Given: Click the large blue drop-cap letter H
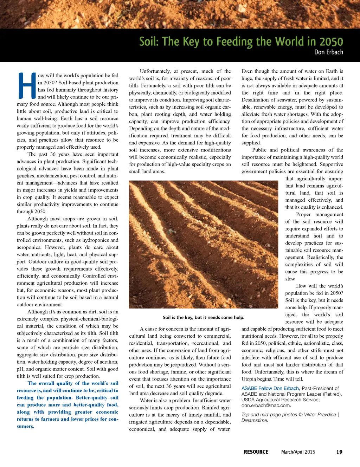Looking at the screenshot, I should [27, 85].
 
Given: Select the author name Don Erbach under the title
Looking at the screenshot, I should [328, 52].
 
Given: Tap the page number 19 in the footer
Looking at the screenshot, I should [339, 452].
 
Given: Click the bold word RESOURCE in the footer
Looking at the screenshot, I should [256, 452].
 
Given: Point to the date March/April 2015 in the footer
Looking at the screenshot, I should [298, 452].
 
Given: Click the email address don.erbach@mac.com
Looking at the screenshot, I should [266, 405].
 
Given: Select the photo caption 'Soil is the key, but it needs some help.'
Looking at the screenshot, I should [203, 317].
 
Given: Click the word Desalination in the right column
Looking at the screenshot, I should [256, 100].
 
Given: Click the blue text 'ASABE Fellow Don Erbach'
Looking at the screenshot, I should [270, 388].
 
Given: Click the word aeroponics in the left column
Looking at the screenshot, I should [29, 247].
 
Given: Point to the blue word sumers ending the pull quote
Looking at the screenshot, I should [25, 426].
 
